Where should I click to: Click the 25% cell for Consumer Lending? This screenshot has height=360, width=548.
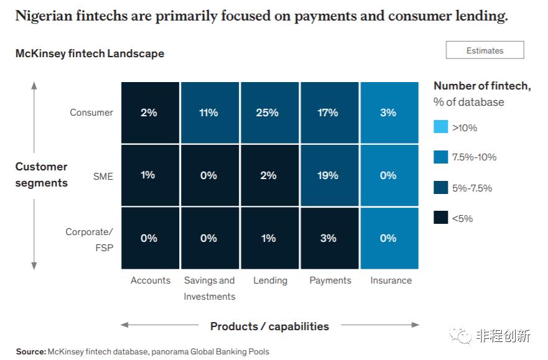pos(268,113)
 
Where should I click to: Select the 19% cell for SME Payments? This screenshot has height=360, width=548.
pos(328,175)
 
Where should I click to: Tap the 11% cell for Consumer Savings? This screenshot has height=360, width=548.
pos(208,113)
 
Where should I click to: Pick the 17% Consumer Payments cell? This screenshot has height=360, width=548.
pos(328,113)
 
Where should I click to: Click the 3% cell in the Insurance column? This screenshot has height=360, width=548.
pos(388,113)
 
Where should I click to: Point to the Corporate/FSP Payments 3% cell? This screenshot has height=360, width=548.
pos(328,238)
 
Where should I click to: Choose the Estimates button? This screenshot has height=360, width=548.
pos(485,50)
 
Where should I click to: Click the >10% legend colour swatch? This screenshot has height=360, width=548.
pos(440,127)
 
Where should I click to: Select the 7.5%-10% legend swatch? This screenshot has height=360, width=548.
pos(440,157)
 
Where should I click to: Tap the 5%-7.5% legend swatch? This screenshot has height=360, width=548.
pos(440,187)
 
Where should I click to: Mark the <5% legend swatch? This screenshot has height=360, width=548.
pos(440,217)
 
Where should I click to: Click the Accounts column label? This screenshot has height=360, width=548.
pos(151,280)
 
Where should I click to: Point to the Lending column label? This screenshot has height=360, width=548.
pos(270,280)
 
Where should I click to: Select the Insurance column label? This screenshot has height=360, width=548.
pos(391,280)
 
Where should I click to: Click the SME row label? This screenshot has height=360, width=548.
pos(103,176)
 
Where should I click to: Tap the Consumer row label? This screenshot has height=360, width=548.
pos(91,113)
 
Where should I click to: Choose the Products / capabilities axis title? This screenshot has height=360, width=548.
pos(269,326)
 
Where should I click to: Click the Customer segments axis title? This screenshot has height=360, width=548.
pos(41,175)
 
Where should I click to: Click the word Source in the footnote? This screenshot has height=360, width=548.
pos(30,352)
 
